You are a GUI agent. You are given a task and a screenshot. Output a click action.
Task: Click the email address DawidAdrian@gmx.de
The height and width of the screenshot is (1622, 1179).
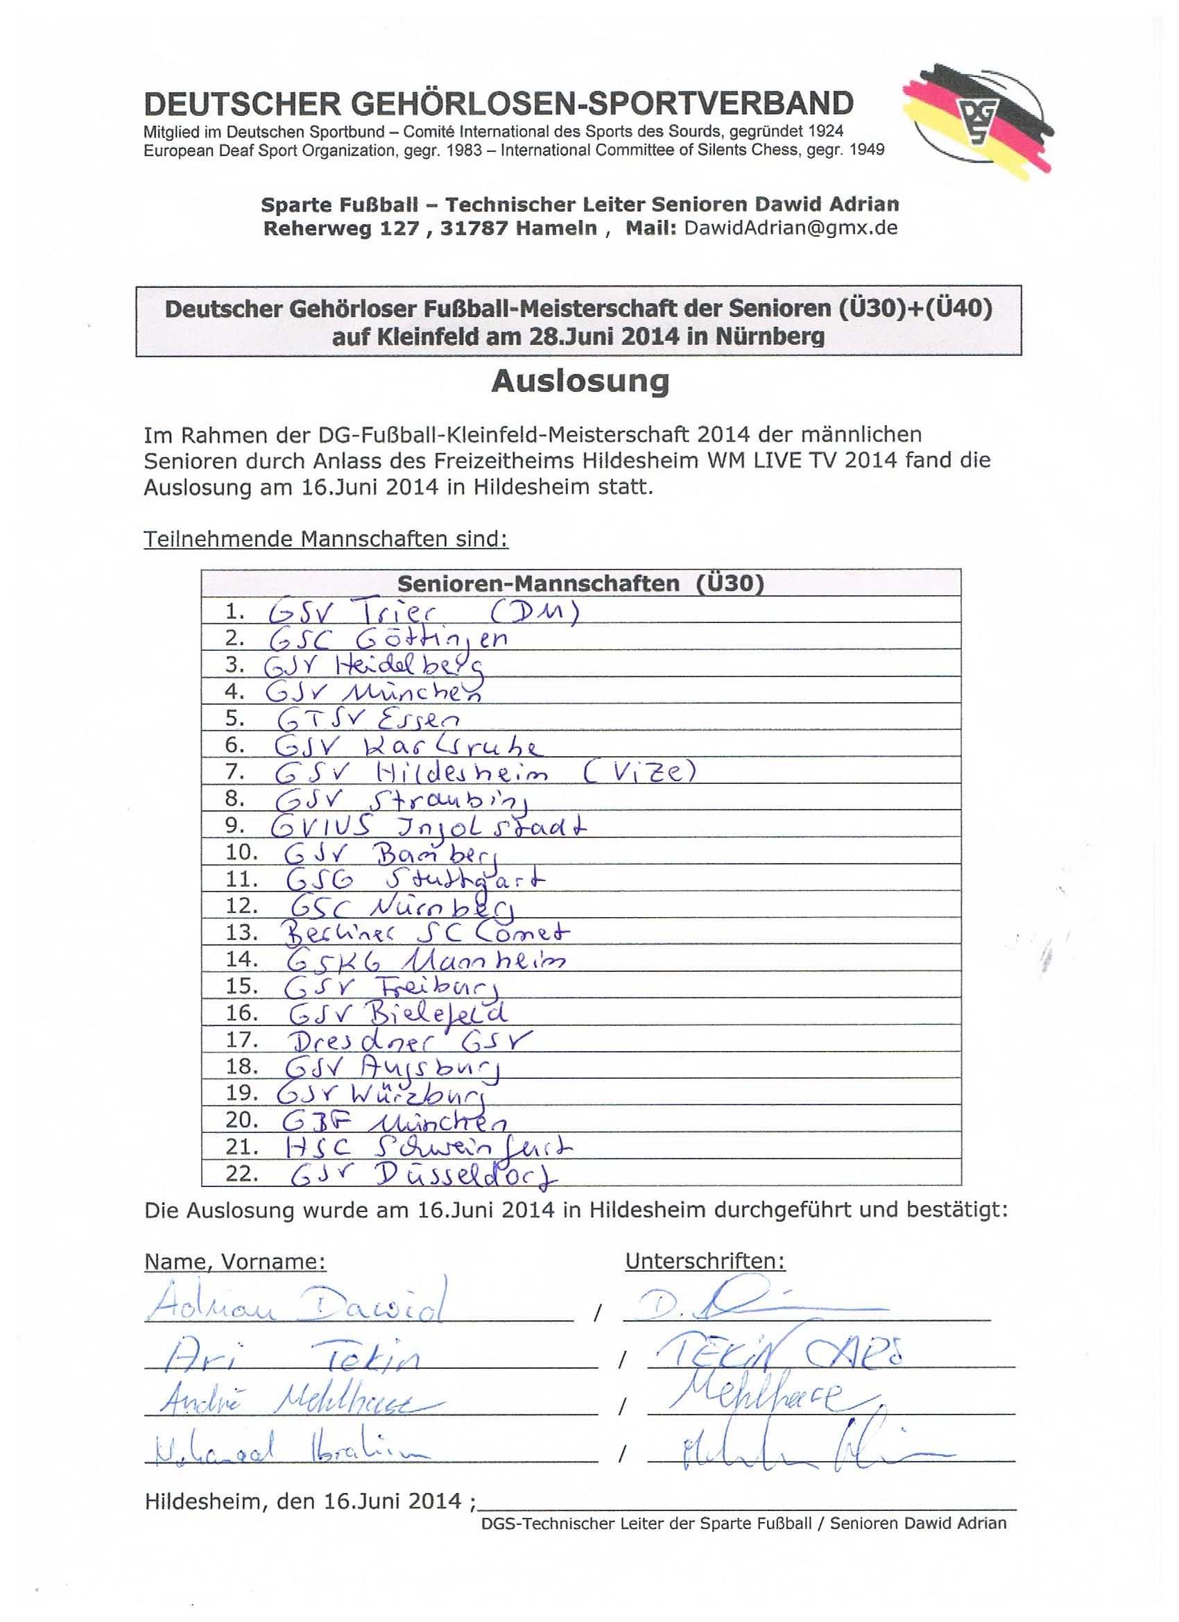pos(790,228)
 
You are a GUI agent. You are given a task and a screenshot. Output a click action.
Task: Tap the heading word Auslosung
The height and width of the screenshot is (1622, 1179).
pos(580,381)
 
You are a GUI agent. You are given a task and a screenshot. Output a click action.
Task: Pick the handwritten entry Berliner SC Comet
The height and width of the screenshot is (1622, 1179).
pos(426,932)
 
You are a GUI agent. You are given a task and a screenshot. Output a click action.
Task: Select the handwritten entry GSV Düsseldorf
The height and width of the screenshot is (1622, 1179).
pos(424,1175)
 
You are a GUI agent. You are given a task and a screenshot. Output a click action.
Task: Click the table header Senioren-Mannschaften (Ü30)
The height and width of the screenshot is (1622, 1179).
pos(580,583)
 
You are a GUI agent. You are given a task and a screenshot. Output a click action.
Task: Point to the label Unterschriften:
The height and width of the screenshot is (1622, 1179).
pos(705,1261)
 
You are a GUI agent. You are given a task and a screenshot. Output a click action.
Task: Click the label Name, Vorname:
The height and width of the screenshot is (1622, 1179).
pos(235,1261)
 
